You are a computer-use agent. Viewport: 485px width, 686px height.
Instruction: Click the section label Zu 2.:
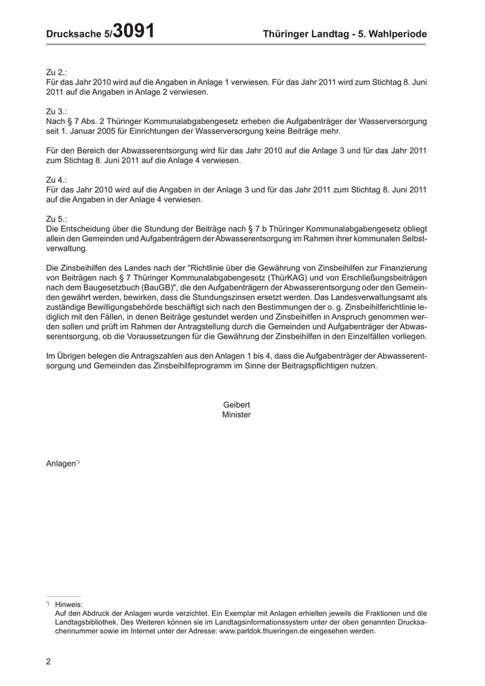(x=56, y=72)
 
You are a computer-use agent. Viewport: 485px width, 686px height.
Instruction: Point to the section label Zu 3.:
(x=56, y=112)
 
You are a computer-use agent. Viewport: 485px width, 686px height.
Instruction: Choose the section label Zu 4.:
(x=56, y=179)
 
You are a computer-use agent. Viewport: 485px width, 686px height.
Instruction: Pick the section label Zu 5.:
(x=56, y=219)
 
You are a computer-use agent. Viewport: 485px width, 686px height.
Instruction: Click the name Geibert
(x=236, y=405)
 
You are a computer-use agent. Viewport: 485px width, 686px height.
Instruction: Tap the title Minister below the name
(x=236, y=414)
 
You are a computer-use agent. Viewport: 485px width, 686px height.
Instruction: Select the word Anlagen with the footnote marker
(x=61, y=464)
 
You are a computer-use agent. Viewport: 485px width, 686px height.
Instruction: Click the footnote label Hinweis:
(x=69, y=604)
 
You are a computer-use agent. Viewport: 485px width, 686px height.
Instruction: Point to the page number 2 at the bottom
(x=48, y=661)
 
